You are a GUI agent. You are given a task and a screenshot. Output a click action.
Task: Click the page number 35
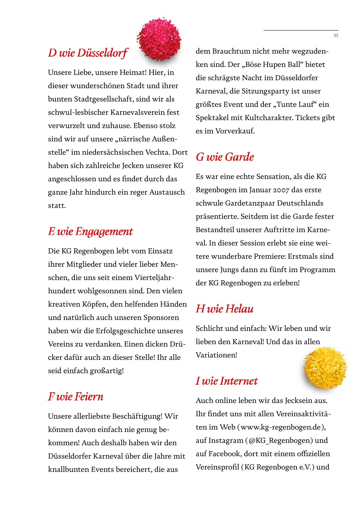[335, 35]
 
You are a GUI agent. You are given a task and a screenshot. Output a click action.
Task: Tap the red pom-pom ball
[159, 40]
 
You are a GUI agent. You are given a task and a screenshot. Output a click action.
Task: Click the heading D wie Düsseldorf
[88, 53]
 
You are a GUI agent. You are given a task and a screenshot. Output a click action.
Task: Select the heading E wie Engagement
[90, 231]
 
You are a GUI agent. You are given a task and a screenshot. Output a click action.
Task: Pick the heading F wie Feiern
[76, 396]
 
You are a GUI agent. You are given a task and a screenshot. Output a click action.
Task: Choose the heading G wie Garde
[225, 157]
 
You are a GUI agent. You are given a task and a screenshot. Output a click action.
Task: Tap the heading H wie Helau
[224, 309]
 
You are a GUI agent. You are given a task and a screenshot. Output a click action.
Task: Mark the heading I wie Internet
[227, 381]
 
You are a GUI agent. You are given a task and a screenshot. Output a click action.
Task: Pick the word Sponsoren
[161, 318]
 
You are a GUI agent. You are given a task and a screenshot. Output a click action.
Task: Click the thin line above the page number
[301, 30]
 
